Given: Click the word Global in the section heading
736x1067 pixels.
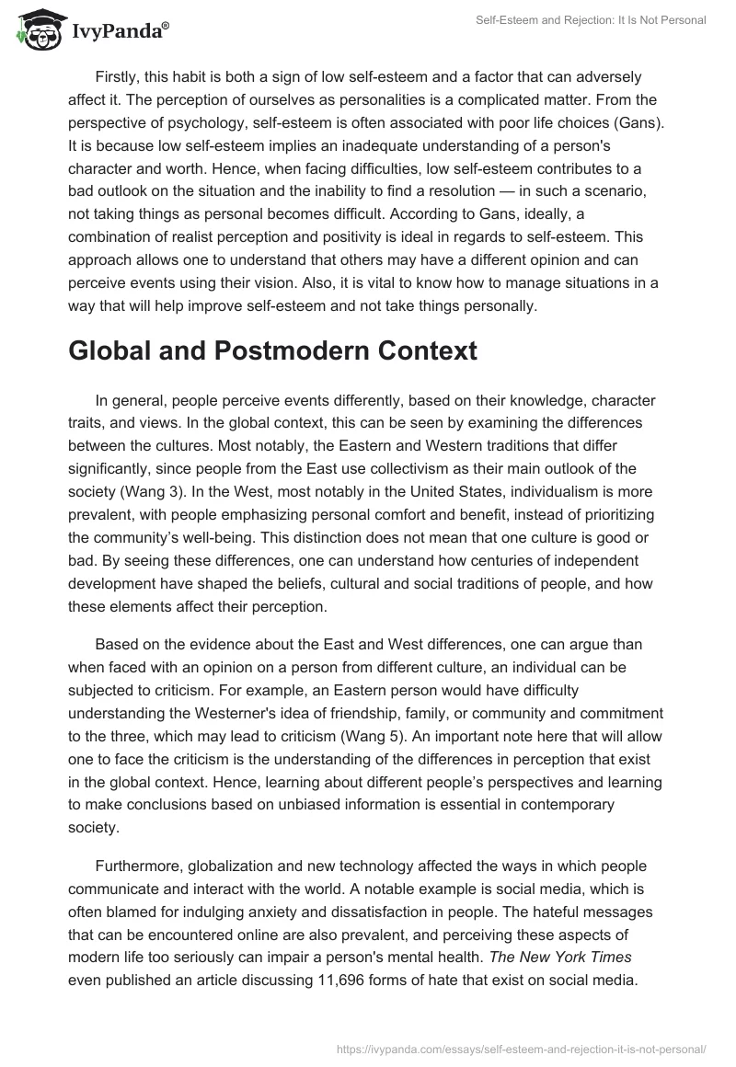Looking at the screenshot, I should (109, 351).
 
